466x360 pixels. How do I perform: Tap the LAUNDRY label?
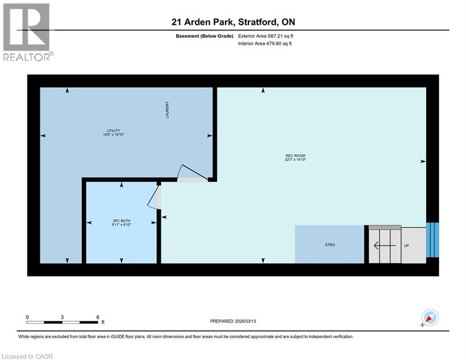click(x=167, y=110)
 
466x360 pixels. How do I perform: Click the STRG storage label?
click(x=330, y=245)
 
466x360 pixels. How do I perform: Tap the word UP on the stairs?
click(x=407, y=245)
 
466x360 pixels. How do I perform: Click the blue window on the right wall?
click(x=432, y=240)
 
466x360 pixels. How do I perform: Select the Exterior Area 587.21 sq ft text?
click(x=266, y=36)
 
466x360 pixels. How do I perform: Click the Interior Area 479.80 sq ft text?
click(x=266, y=44)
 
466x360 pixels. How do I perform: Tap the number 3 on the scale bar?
click(x=62, y=317)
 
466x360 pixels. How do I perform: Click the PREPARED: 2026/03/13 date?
click(x=234, y=321)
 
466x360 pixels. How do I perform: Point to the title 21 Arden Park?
click(x=203, y=22)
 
